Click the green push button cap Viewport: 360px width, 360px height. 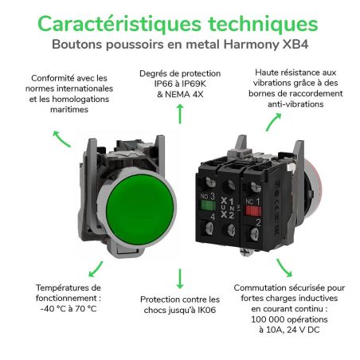coord(140,209)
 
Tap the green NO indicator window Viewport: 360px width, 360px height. coord(208,205)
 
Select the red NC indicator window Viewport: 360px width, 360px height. coord(253,211)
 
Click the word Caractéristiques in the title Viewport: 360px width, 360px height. coord(119,24)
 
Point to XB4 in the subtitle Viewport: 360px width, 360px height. coord(295,45)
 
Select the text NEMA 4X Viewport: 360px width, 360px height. coord(184,94)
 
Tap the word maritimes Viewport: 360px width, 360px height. coord(69,109)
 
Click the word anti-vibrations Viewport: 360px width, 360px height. coord(295,104)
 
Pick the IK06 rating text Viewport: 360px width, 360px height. coord(206,310)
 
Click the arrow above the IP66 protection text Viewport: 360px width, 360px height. coord(180,114)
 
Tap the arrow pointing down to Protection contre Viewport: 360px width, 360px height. coord(180,279)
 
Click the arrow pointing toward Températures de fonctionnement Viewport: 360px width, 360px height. coord(96,269)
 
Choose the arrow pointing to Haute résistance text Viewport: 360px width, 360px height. coord(273,122)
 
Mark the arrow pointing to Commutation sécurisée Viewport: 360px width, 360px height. coord(284,268)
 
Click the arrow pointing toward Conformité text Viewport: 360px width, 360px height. coord(61,139)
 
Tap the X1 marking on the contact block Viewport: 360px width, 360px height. coord(227,201)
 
